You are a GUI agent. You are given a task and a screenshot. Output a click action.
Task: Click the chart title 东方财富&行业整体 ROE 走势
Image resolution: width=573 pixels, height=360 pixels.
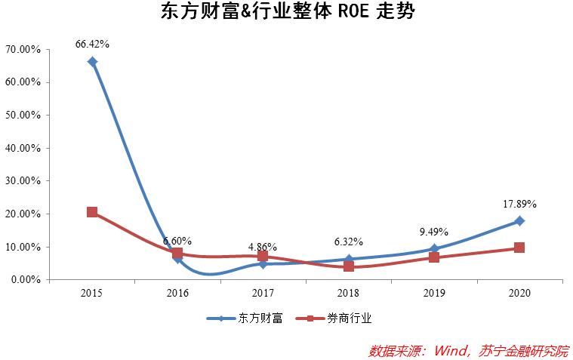click(288, 13)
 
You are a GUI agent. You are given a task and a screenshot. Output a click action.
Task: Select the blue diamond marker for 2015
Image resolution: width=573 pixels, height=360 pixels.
click(92, 62)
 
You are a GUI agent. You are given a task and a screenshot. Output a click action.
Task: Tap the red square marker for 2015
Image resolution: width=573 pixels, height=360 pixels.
click(92, 212)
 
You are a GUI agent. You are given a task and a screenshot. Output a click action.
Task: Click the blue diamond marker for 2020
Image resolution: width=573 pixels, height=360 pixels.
click(519, 221)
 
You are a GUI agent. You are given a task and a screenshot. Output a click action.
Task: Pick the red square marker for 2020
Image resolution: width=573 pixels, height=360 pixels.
click(519, 248)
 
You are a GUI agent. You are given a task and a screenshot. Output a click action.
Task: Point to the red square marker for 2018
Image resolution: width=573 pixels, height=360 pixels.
click(349, 266)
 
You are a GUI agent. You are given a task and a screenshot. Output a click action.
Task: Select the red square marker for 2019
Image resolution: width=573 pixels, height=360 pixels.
click(434, 257)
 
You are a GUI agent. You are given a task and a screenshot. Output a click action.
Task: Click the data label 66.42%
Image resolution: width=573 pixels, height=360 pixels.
click(92, 44)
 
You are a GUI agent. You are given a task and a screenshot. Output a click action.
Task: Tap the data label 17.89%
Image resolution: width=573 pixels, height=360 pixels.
click(519, 204)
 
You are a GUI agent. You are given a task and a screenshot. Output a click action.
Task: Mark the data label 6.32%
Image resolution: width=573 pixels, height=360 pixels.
click(349, 242)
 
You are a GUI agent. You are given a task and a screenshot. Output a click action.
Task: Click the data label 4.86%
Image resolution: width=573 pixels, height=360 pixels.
click(263, 247)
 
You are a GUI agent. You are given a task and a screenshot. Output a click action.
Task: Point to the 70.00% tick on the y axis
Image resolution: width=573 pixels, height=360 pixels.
click(23, 49)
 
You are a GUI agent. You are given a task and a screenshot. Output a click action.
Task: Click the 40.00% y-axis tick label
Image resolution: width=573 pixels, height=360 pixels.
click(23, 148)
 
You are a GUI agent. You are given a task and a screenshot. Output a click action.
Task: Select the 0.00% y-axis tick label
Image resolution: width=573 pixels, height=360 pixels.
click(26, 280)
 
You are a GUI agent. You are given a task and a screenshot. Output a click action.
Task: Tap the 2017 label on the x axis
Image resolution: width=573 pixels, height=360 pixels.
click(263, 293)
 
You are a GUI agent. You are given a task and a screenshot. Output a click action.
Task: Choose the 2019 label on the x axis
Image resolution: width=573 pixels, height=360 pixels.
click(434, 293)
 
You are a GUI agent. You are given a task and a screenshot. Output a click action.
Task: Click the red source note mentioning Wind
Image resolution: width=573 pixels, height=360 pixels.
click(468, 350)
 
